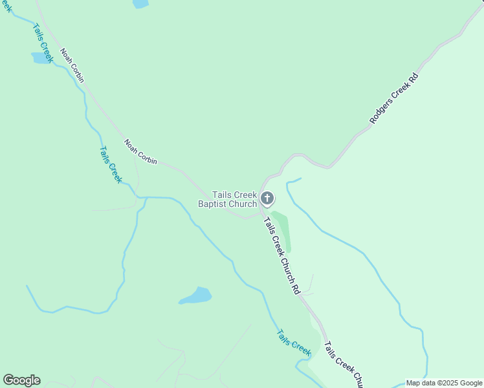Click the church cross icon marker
pos(267,199)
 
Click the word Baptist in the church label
pos(214,204)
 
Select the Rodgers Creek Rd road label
pos(394,98)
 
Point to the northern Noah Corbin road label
pos(72,65)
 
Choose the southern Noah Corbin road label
pos(140,152)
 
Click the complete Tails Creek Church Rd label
pos(282,256)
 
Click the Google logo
pos(21,380)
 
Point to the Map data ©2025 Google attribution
pos(445,383)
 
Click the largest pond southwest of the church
pos(195,296)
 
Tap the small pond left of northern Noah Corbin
pos(41,58)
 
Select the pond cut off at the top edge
pos(140,3)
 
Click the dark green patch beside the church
pos(282,230)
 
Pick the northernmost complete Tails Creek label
pos(42,44)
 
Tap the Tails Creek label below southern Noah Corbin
pos(110,164)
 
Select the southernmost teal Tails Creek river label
pos(294,343)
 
